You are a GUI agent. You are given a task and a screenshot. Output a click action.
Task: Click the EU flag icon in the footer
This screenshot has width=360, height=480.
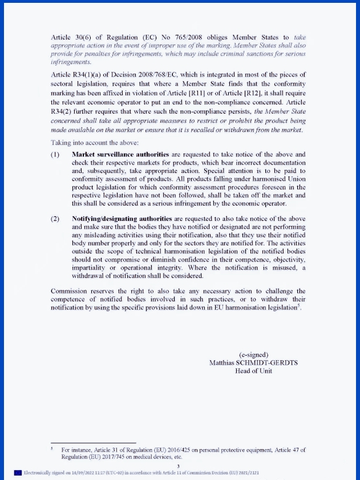click(18, 473)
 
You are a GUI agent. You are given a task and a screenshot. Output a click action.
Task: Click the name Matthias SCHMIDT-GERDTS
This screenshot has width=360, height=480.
click(254, 362)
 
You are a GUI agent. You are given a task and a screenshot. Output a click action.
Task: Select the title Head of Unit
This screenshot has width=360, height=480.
click(254, 370)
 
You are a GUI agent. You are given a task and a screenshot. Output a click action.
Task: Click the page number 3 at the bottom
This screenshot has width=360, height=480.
click(178, 466)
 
